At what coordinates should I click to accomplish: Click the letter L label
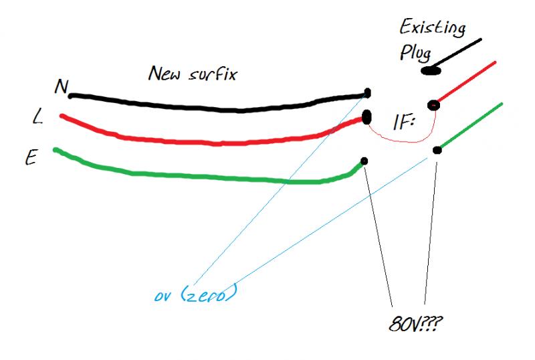coord(38,118)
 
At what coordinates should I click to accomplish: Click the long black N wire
coord(221,106)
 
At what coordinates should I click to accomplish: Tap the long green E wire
coord(201,177)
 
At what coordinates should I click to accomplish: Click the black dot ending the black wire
coord(367,94)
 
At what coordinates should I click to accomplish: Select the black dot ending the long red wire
coord(366,117)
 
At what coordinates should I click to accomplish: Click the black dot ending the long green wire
coord(364,161)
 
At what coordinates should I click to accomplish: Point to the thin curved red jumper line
coord(401,140)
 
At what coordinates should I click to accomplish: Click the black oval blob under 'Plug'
coord(429,70)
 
